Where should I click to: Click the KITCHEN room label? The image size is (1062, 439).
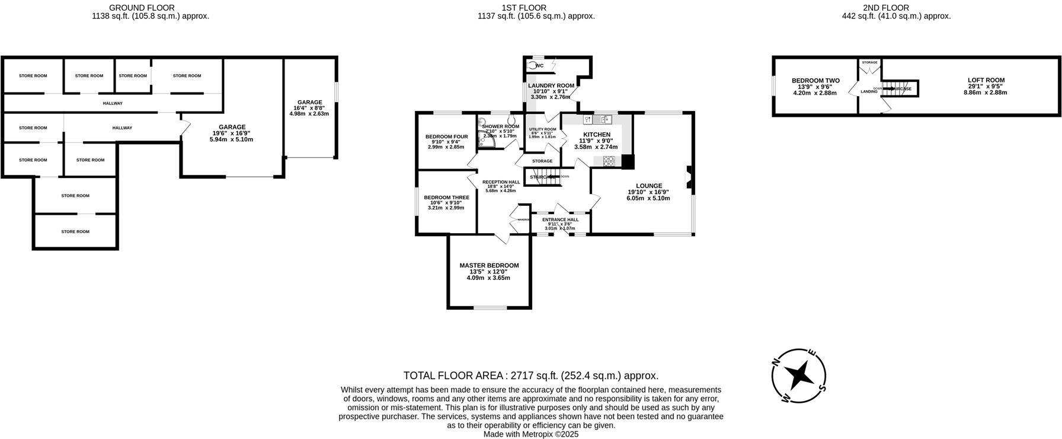596,135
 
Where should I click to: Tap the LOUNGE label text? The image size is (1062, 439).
648,186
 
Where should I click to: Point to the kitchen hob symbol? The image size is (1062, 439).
609,160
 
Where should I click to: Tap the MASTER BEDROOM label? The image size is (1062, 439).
489,265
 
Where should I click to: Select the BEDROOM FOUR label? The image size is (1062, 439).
446,136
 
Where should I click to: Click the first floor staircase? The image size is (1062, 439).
548,177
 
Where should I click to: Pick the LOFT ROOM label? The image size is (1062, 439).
986,80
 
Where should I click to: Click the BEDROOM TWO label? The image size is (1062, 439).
815,81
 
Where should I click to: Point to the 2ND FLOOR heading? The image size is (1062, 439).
896,8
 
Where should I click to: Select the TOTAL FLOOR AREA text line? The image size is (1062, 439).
530,376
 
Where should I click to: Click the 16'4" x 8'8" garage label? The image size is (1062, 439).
309,108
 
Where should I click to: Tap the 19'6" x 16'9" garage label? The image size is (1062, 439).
232,133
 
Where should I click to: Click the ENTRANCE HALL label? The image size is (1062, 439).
560,220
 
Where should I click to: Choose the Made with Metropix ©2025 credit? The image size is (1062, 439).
530,434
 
